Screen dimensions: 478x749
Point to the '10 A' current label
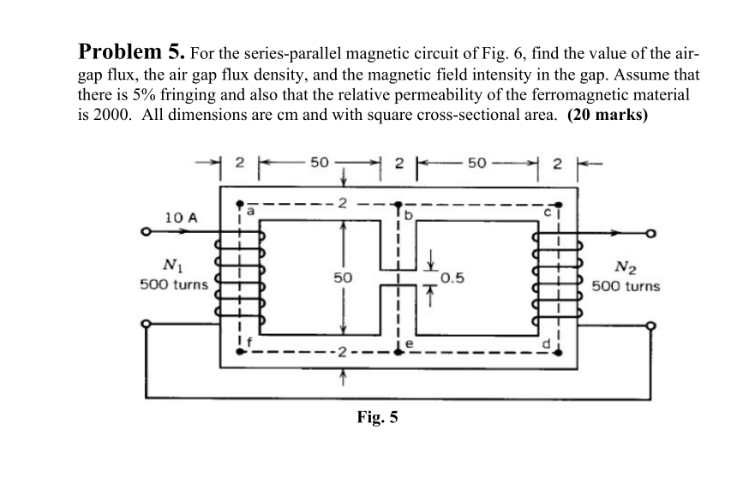[x=181, y=218]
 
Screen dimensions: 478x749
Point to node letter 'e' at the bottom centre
[x=409, y=343]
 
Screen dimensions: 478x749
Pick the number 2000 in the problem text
[x=88, y=117]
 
